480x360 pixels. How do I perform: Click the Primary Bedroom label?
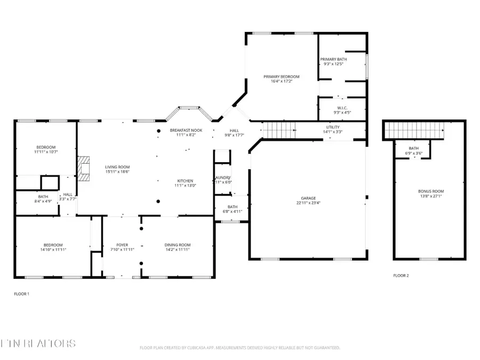pos(282,77)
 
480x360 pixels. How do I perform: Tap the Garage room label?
pos(308,197)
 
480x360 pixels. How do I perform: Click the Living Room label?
pos(115,167)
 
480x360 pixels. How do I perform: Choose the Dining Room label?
pos(177,244)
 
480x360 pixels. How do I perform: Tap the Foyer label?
pos(122,244)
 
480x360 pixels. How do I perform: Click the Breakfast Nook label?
pos(186,130)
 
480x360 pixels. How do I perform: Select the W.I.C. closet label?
pos(342,108)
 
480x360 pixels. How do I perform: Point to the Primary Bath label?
pos(334,59)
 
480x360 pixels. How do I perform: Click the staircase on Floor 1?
pos(280,129)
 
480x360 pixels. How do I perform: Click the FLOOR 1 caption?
pos(21,294)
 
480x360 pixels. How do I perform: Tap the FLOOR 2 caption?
pos(401,276)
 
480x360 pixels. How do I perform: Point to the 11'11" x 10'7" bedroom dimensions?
pos(46,153)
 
